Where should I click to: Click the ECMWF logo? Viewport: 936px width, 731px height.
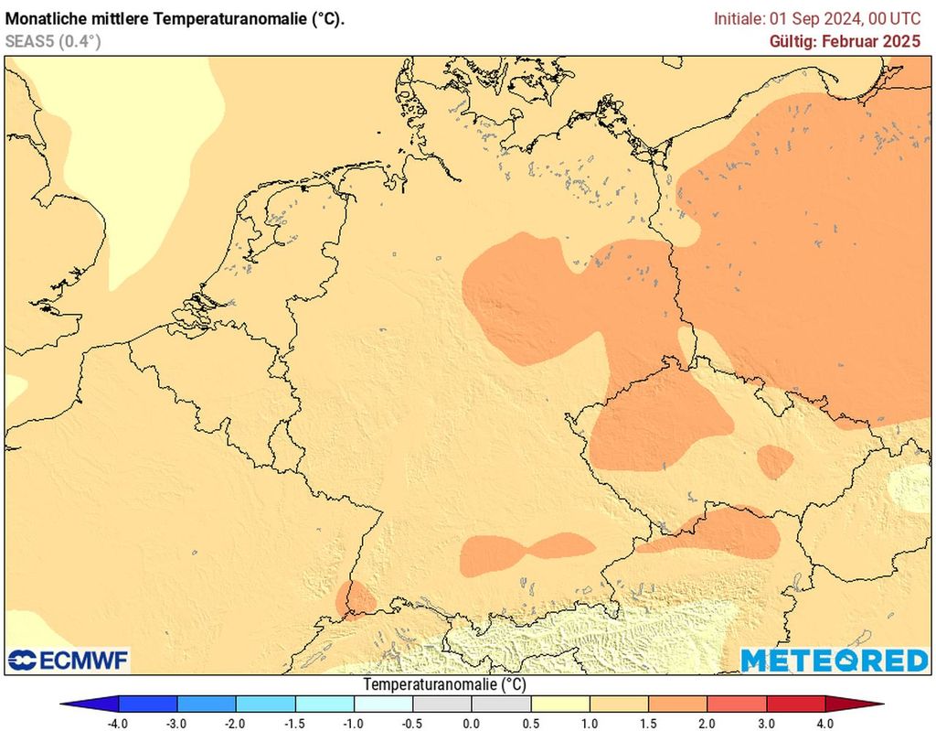pos(69,660)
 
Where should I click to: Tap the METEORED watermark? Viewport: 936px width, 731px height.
pos(834,660)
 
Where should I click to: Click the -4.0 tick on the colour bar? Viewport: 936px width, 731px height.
pos(118,723)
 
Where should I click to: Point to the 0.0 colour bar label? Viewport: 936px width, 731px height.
pos(471,723)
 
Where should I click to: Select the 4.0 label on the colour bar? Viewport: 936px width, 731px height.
pos(825,723)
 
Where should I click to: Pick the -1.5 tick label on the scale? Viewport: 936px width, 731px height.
pos(294,723)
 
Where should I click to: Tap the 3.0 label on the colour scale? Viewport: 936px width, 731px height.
pos(766,723)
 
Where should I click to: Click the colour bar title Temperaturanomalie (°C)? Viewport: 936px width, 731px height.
pos(445,684)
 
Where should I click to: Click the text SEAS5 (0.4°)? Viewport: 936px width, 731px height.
pos(53,41)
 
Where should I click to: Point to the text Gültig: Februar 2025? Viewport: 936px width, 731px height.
pos(846,41)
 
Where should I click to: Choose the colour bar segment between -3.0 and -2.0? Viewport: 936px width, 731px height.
pos(207,704)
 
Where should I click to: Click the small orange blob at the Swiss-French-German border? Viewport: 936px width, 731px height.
pos(354,598)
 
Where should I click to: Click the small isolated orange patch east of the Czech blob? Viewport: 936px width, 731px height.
pos(775,462)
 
